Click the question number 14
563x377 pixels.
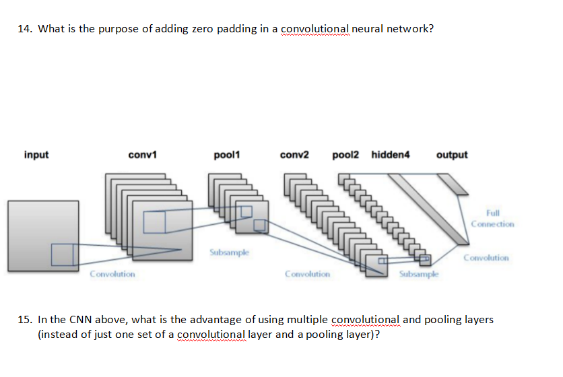(x=25, y=29)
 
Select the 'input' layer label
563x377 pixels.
(x=36, y=155)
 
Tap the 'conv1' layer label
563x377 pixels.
(x=142, y=155)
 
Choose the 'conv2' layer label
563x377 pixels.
(x=294, y=155)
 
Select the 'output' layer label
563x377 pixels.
(x=452, y=155)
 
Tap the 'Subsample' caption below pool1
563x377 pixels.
(x=229, y=252)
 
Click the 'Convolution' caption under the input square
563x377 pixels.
(x=112, y=274)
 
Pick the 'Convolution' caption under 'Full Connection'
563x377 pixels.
(x=487, y=258)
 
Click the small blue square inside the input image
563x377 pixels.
(x=63, y=254)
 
